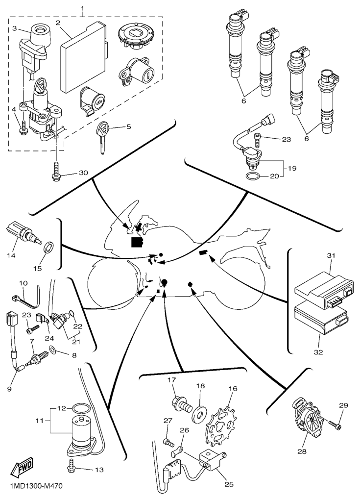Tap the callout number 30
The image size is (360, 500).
(83, 174)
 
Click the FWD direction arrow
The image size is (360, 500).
(21, 471)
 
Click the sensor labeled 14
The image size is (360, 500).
(23, 232)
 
